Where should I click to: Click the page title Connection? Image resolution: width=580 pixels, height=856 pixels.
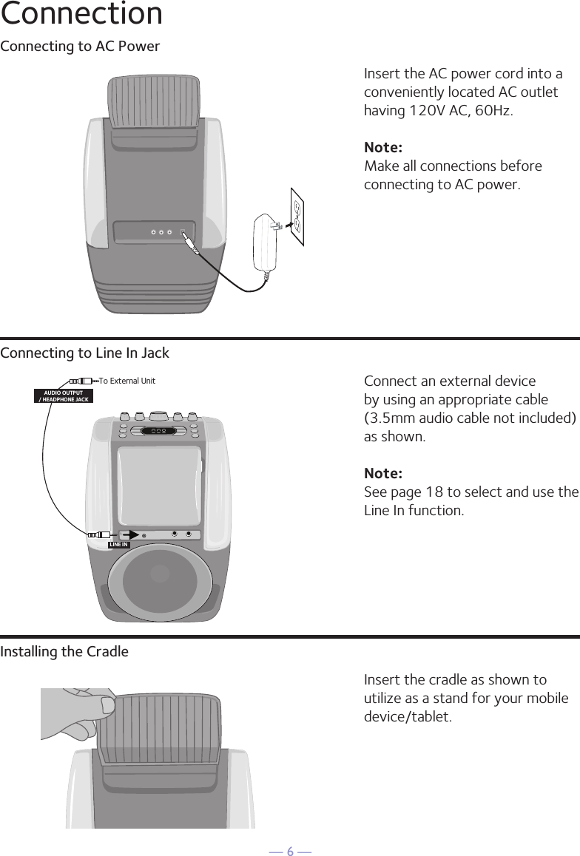(81, 14)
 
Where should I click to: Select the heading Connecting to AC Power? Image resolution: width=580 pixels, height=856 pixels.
(80, 47)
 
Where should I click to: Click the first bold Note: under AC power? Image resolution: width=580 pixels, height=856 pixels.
(383, 148)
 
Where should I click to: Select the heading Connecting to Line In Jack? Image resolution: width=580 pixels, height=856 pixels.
(85, 353)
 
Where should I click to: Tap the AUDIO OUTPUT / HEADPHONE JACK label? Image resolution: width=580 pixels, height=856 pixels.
(64, 395)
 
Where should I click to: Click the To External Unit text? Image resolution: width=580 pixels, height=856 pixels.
(127, 381)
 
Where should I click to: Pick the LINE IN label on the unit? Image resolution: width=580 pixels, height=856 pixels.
(118, 545)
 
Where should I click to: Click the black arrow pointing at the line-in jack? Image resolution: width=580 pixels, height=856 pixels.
(130, 534)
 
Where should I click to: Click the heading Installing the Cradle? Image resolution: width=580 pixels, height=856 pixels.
(64, 652)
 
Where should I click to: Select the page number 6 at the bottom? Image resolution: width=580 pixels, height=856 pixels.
(290, 852)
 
